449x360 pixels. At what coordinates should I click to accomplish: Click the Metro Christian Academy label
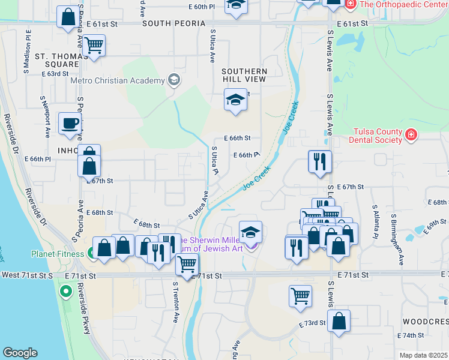118,81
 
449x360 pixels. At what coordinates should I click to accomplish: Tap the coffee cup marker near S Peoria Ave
70,123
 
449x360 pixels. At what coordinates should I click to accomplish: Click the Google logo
20,353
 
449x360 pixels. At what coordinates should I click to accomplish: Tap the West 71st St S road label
27,275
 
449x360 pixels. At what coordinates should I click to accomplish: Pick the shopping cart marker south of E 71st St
300,295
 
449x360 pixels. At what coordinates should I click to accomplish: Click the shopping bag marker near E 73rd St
339,320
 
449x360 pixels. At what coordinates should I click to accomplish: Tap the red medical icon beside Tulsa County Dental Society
411,134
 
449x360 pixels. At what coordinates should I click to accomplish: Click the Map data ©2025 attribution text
424,355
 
